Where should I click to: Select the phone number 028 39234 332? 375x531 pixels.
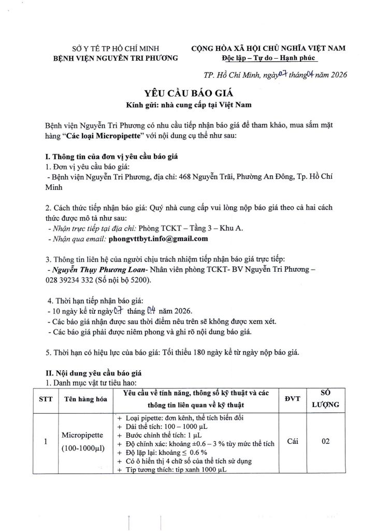point(73,280)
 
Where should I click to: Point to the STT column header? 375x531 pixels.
point(46,399)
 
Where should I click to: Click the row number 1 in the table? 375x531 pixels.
point(46,442)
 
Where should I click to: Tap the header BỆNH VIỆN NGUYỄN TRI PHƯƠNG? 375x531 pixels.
point(116,58)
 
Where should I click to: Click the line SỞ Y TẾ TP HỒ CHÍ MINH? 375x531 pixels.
point(116,48)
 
